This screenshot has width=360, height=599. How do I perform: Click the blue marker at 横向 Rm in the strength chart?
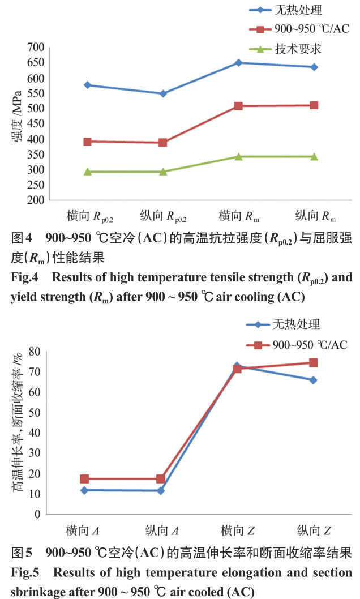(239, 63)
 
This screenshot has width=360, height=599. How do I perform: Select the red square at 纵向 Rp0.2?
(163, 143)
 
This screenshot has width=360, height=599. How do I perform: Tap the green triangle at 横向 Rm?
(239, 156)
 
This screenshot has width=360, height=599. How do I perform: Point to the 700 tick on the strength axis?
(36, 47)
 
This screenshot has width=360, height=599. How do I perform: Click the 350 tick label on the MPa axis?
(36, 155)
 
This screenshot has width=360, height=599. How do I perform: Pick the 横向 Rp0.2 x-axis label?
(90, 216)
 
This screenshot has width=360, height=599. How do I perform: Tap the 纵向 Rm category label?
(315, 216)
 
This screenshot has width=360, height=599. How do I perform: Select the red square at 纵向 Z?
(314, 362)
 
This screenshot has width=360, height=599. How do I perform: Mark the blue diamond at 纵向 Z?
(314, 380)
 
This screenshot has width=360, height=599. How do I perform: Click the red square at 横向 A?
(84, 478)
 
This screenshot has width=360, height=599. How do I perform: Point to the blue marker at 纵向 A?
(161, 490)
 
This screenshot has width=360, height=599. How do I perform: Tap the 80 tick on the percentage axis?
(35, 351)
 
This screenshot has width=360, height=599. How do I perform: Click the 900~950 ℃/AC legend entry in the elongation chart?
(297, 345)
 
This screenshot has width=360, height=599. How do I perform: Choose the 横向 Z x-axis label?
(238, 530)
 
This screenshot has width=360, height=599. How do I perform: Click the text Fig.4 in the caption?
(24, 277)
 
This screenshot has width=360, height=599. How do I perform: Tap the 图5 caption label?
(22, 553)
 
